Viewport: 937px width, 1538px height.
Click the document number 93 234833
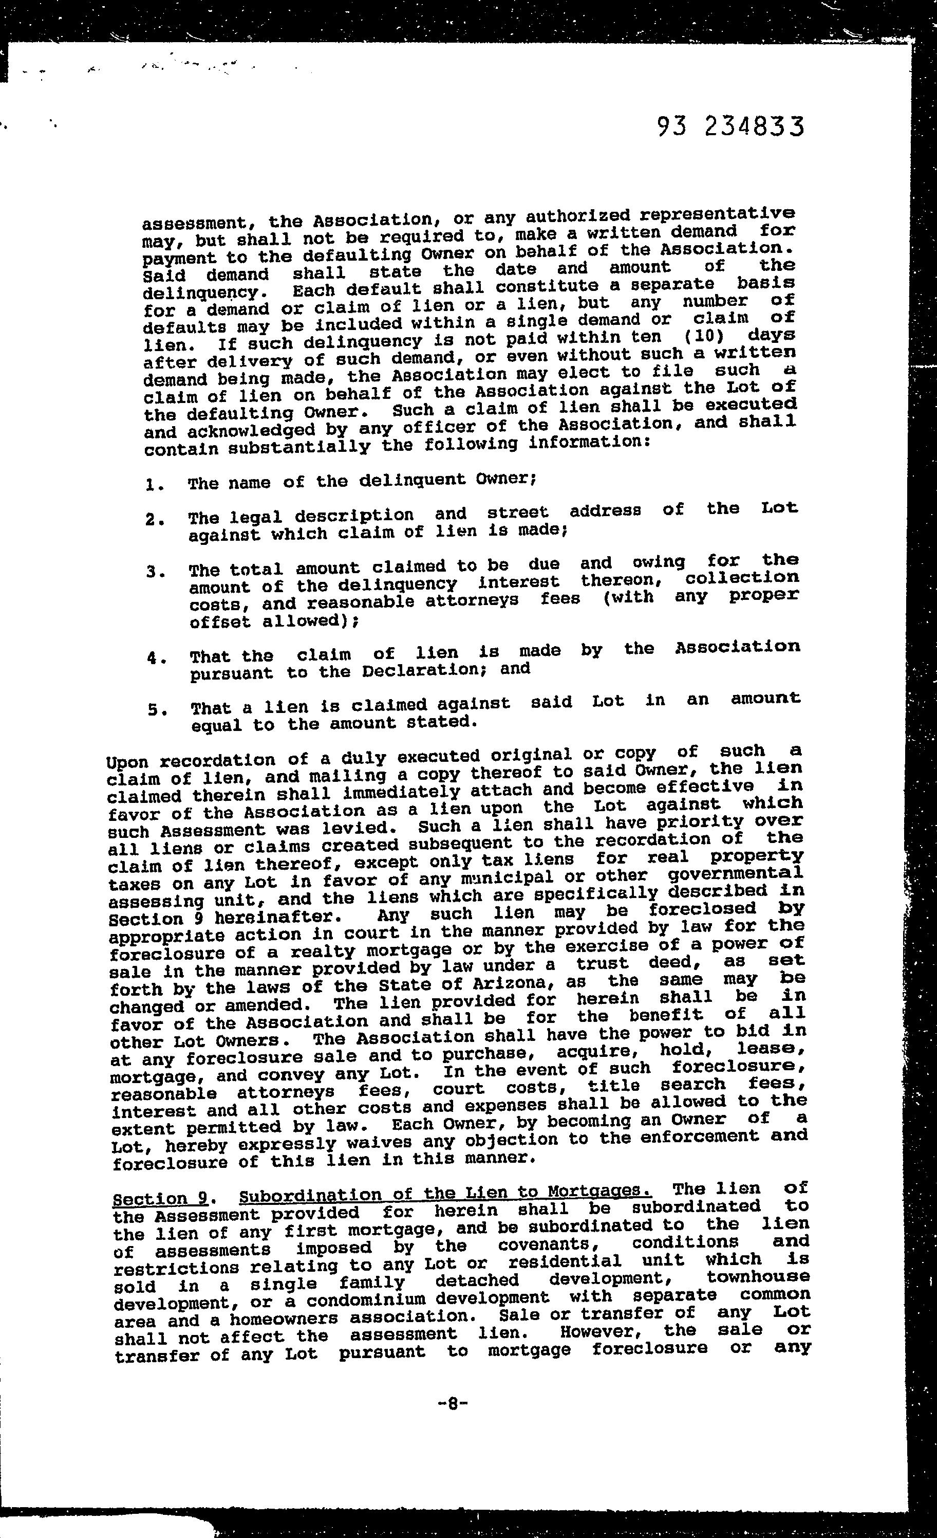click(730, 127)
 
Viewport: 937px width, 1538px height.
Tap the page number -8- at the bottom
click(454, 1404)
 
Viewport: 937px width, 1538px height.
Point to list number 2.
click(154, 519)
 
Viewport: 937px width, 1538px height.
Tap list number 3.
click(155, 571)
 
